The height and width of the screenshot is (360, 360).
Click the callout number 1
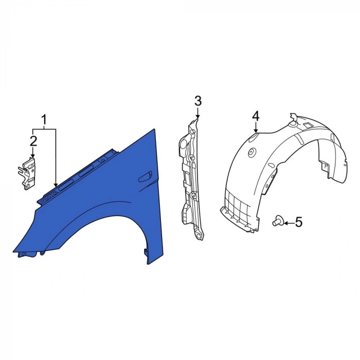click(x=44, y=120)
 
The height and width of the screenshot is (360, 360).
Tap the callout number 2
click(x=33, y=141)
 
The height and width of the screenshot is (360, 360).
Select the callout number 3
click(x=198, y=101)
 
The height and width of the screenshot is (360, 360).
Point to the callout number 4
click(x=256, y=116)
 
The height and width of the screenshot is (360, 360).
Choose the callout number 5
click(x=298, y=222)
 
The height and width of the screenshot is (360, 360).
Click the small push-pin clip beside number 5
click(x=278, y=221)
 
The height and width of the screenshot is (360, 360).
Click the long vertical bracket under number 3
click(x=191, y=179)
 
